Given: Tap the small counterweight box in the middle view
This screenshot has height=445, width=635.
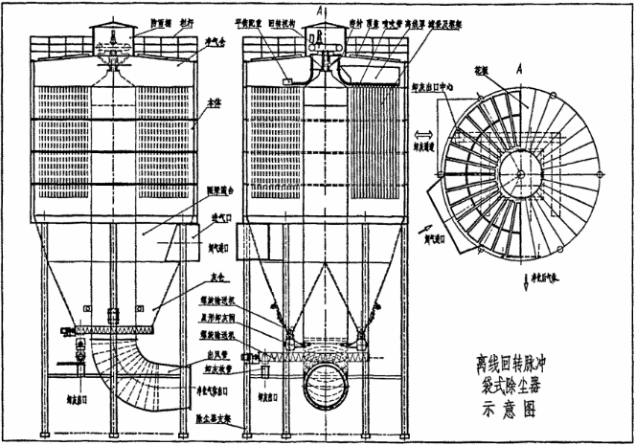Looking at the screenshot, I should tap(287, 83).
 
